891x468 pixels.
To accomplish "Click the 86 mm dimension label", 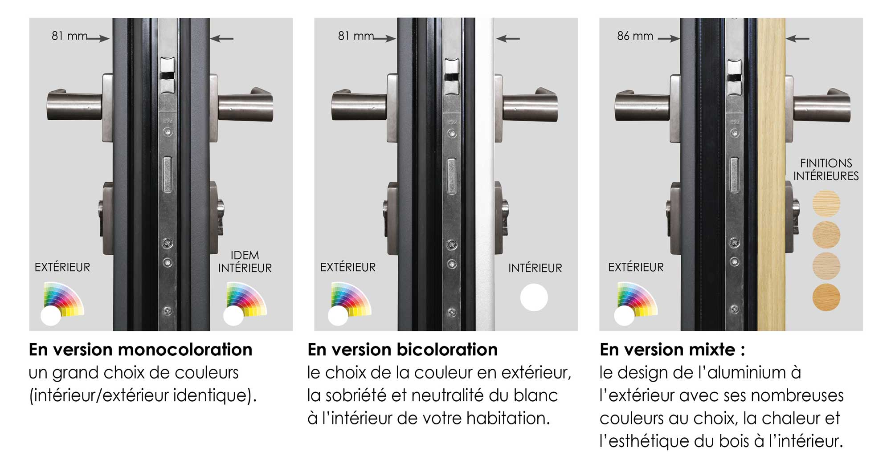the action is [635, 36].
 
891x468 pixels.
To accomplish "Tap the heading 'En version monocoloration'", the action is [141, 350].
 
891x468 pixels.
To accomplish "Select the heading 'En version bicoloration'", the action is [402, 350].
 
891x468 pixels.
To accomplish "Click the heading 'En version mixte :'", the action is [672, 350].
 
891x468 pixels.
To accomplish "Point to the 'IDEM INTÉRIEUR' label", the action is [245, 261].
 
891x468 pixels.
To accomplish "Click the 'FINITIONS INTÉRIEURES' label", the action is [826, 170].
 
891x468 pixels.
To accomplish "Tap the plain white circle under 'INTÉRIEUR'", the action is [534, 297].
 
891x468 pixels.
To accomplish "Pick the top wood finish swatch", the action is [826, 203].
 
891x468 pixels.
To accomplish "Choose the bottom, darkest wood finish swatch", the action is [826, 297].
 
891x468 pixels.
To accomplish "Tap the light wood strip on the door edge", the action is [771, 174].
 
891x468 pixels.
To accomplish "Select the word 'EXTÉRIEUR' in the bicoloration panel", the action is [348, 267].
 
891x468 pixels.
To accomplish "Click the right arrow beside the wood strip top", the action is [798, 39].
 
